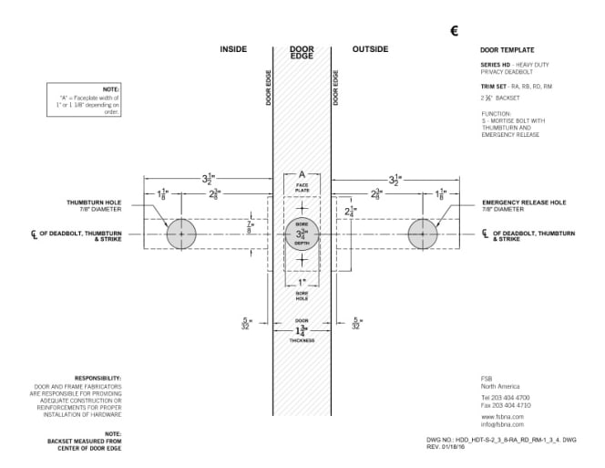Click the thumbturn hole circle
click(x=181, y=234)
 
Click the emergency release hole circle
click(x=422, y=234)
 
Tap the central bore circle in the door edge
click(x=302, y=234)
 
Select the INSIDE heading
click(x=234, y=48)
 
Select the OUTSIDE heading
click(x=370, y=48)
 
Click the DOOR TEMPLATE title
click(x=507, y=49)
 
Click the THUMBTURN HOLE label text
click(x=95, y=203)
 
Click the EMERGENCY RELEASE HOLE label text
click(x=523, y=203)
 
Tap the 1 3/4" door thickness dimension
click(x=302, y=329)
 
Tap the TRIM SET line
click(x=515, y=85)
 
